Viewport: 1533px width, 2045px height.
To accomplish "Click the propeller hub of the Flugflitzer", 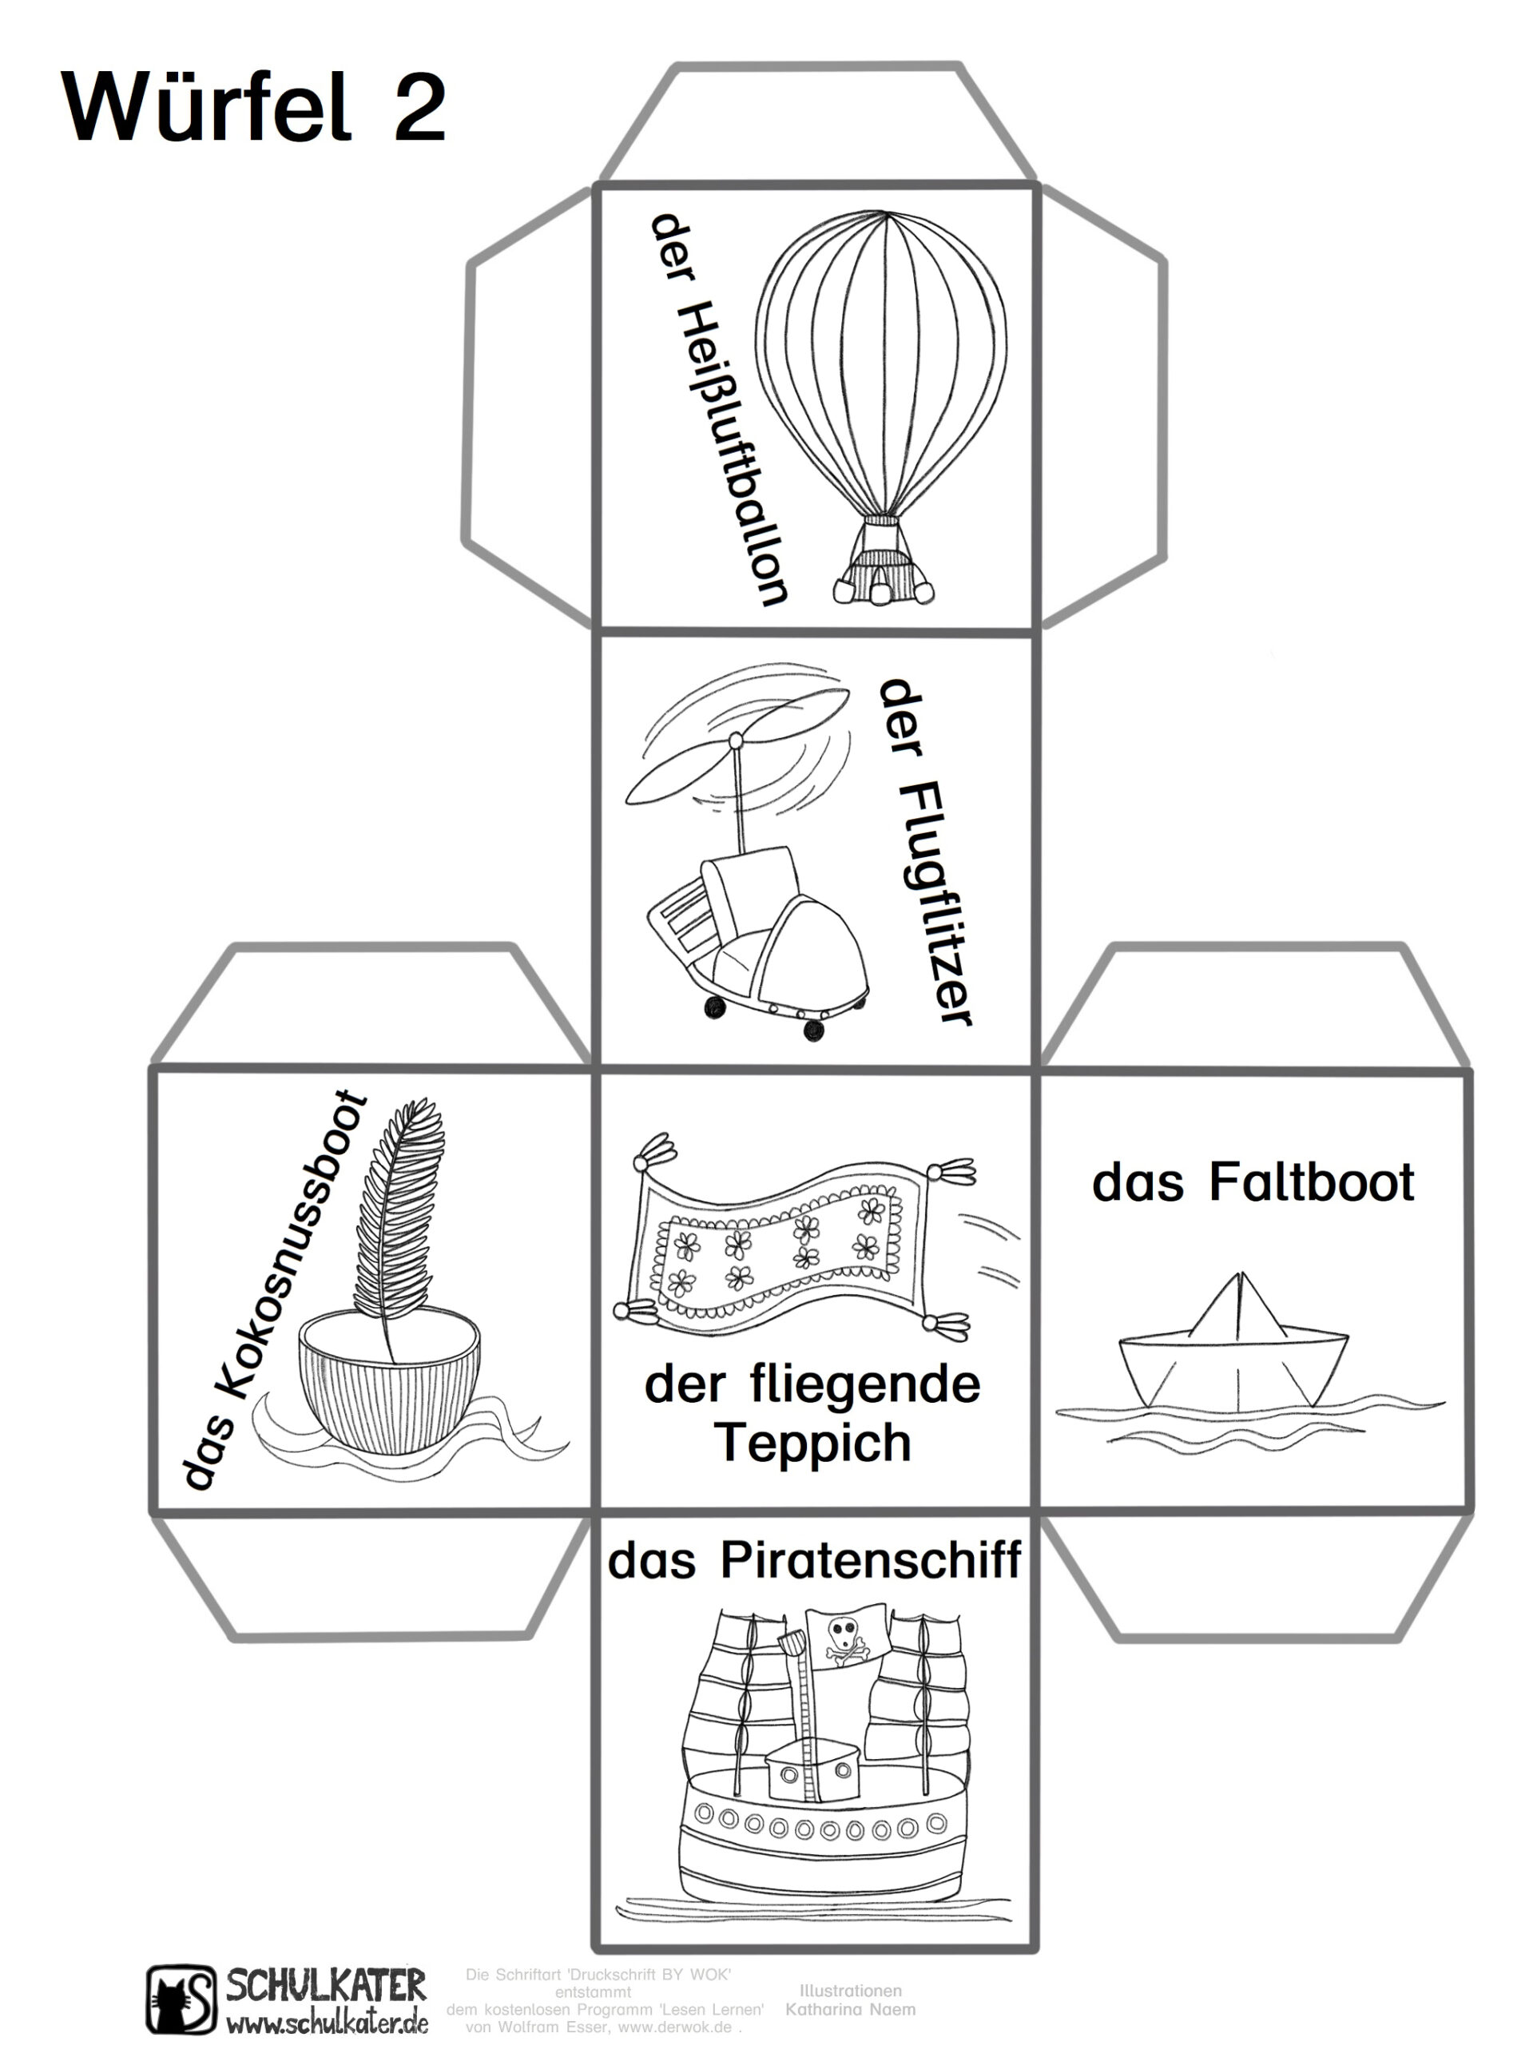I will point(736,741).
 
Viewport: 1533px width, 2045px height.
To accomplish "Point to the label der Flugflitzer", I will point(923,852).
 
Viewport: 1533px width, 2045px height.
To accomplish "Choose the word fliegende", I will point(864,1386).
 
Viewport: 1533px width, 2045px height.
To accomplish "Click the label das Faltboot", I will point(1252,1183).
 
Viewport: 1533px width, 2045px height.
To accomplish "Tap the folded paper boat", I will point(1234,1346).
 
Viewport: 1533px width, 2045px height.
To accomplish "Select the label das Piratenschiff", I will point(814,1562).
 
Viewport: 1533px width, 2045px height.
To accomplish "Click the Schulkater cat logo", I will point(181,1998).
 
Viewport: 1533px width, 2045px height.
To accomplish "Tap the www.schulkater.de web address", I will point(328,2021).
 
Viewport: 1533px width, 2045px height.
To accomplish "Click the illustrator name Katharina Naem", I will point(850,2009).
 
